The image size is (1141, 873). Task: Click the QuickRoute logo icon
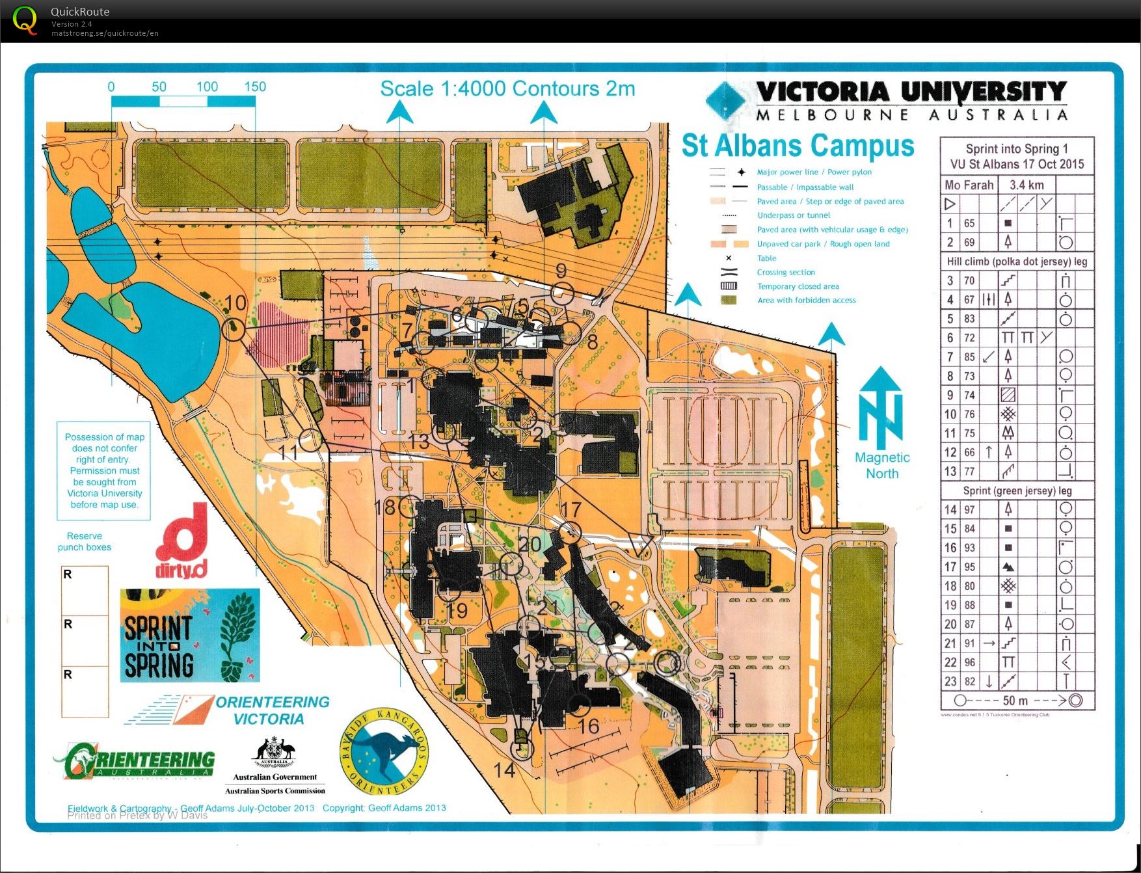point(25,20)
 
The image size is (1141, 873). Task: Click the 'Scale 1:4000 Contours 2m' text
point(507,89)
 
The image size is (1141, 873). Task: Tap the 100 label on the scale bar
point(207,87)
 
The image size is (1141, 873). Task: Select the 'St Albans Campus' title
point(798,146)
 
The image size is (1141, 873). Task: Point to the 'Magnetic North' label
point(881,465)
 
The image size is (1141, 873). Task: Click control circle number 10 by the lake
point(234,330)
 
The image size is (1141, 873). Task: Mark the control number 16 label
point(589,727)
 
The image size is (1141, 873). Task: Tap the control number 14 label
point(504,771)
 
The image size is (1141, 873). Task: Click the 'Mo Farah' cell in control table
point(969,185)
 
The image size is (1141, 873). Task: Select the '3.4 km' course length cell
point(1026,185)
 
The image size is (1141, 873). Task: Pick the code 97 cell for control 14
point(969,510)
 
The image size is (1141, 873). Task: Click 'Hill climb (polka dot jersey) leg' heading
point(1016,262)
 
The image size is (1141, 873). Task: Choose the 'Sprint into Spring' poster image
point(189,636)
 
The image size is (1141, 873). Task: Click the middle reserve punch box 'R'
point(85,641)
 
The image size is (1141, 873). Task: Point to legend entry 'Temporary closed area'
point(798,286)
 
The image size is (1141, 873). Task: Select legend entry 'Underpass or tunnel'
point(793,215)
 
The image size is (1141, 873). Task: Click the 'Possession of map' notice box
point(104,470)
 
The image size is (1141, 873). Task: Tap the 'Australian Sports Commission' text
point(275,791)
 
